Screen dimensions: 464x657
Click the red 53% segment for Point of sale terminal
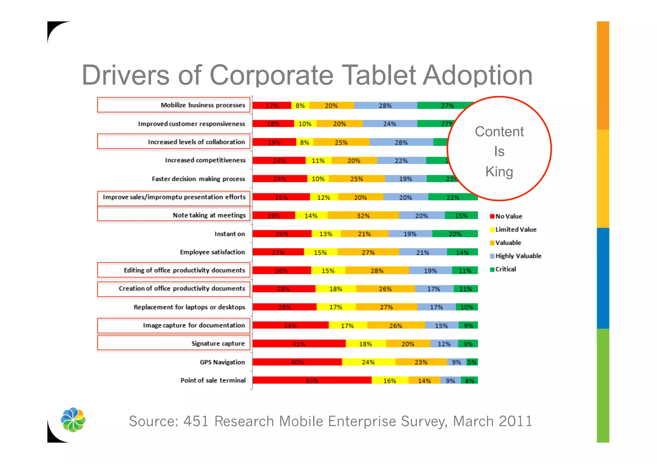pos(312,380)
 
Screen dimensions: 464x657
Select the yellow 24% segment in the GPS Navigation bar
pos(368,362)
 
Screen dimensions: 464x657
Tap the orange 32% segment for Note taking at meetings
pos(363,215)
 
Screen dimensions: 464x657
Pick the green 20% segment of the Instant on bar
pos(455,234)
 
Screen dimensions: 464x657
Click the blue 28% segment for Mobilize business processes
pos(385,105)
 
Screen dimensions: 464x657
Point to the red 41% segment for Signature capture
pos(299,344)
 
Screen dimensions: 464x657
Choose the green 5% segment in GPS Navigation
pos(472,362)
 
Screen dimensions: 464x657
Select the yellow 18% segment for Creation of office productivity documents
pos(336,289)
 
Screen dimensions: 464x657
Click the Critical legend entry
pos(505,269)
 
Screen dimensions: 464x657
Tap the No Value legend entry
pos(508,216)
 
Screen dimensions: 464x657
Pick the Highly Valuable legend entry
pos(518,256)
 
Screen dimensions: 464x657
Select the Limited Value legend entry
pos(516,229)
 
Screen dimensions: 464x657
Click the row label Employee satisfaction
pos(212,252)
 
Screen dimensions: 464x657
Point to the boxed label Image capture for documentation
pos(194,325)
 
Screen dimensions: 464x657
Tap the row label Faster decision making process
pos(198,179)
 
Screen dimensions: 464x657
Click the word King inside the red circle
pos(499,172)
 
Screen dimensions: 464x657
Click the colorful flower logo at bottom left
pos(73,419)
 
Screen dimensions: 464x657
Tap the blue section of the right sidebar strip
pos(603,278)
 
